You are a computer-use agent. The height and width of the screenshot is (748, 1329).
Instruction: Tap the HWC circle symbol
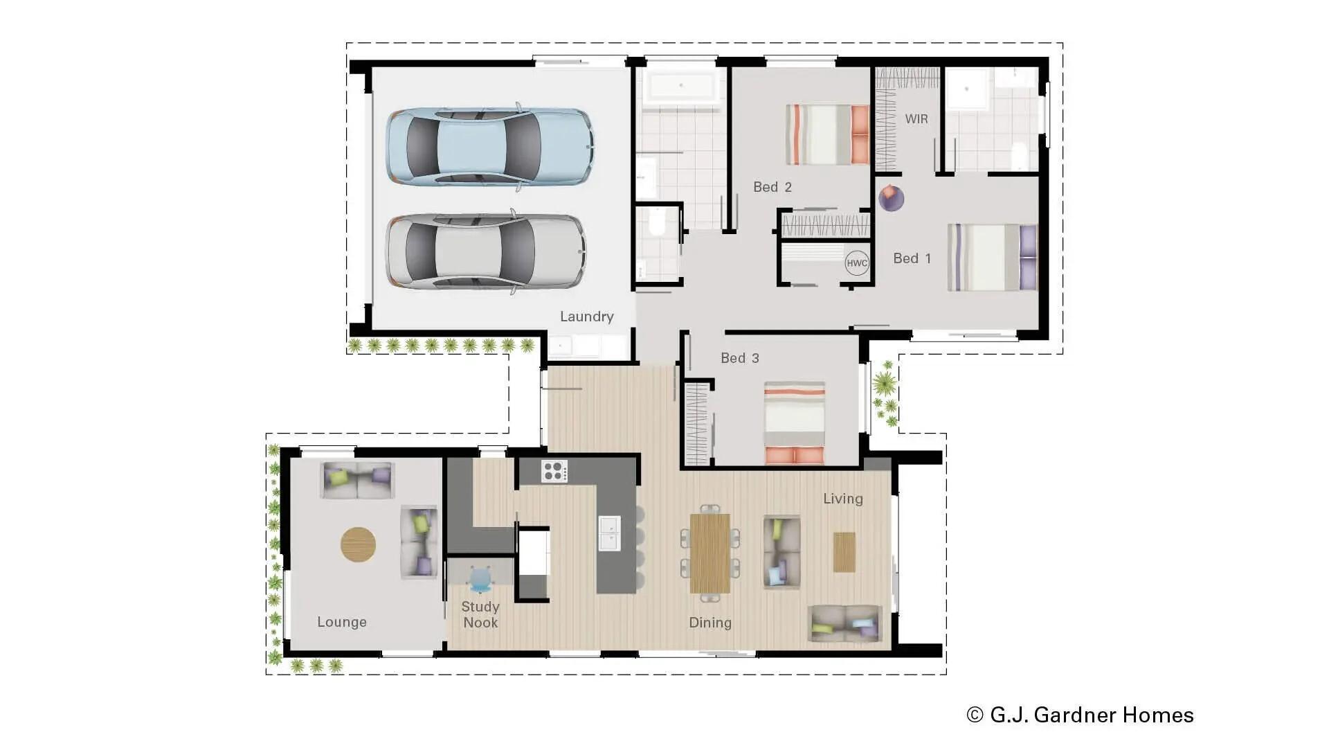pyautogui.click(x=857, y=263)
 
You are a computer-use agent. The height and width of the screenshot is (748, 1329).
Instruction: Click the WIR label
pyautogui.click(x=916, y=119)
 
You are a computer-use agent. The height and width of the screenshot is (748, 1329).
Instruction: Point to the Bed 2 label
pyautogui.click(x=772, y=187)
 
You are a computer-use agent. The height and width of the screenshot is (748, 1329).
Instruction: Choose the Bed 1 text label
pyautogui.click(x=912, y=258)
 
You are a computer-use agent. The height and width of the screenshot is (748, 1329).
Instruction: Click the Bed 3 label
pyautogui.click(x=739, y=358)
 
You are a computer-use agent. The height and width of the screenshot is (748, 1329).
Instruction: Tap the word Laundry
pyautogui.click(x=586, y=317)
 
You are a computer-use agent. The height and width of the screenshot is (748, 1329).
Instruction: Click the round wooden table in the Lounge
pyautogui.click(x=358, y=544)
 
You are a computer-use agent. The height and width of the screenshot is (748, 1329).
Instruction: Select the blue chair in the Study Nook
pyautogui.click(x=481, y=578)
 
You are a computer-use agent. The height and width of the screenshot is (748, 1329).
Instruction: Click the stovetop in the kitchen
pyautogui.click(x=554, y=471)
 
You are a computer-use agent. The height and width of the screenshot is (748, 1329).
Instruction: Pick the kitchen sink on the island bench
pyautogui.click(x=608, y=533)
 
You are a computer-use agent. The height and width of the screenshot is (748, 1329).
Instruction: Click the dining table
pyautogui.click(x=709, y=553)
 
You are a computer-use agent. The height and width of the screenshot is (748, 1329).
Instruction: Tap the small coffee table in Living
pyautogui.click(x=844, y=552)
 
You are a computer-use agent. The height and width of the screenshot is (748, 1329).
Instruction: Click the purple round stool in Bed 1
pyautogui.click(x=891, y=199)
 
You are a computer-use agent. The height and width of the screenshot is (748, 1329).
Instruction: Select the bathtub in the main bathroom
pyautogui.click(x=680, y=87)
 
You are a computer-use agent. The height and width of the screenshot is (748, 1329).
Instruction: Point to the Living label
pyautogui.click(x=842, y=499)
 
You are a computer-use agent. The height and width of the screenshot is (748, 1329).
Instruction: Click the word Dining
pyautogui.click(x=709, y=623)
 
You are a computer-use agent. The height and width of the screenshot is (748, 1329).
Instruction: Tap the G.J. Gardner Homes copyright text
pyautogui.click(x=1080, y=715)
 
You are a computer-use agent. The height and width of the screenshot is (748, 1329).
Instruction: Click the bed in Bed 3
pyautogui.click(x=794, y=422)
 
